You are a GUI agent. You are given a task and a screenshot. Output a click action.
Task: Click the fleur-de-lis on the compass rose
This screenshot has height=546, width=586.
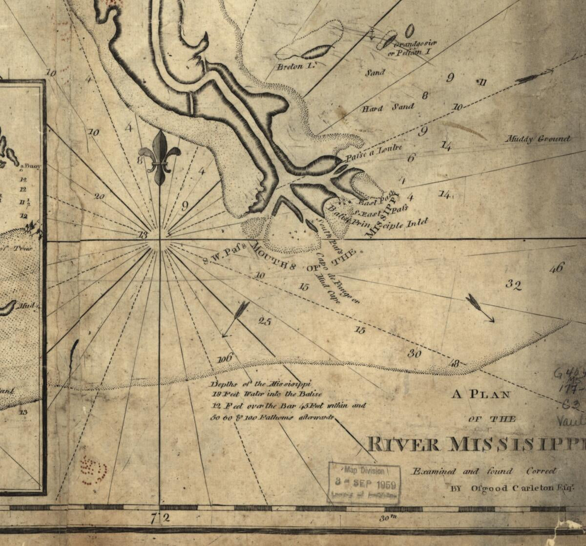pyautogui.click(x=160, y=157)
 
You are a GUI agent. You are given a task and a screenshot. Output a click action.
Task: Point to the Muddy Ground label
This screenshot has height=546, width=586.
pyautogui.click(x=538, y=139)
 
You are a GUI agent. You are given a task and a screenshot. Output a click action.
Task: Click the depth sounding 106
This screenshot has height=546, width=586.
pyautogui.click(x=225, y=358)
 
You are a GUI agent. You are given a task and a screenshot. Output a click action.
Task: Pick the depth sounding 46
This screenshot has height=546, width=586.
pyautogui.click(x=556, y=268)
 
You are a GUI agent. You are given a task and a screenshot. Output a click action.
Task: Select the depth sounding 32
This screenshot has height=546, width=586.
pyautogui.click(x=513, y=285)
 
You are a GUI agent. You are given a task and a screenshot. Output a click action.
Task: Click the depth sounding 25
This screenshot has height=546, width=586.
pyautogui.click(x=264, y=321)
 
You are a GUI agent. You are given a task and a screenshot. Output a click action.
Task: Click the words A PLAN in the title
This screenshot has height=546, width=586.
pyautogui.click(x=481, y=395)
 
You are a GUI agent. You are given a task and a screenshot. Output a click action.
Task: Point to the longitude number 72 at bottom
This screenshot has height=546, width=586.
pyautogui.click(x=160, y=519)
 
